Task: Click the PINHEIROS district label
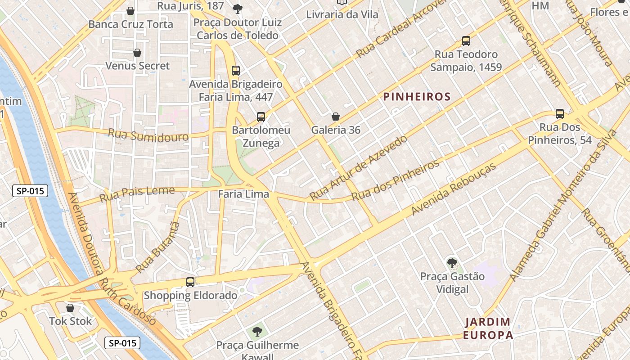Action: [x=417, y=97]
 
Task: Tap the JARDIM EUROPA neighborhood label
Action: [x=488, y=328]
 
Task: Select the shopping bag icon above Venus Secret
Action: [x=137, y=53]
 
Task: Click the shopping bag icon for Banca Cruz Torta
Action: [x=130, y=10]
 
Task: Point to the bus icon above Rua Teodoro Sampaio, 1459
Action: [x=466, y=41]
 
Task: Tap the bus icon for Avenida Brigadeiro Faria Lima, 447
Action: [x=236, y=70]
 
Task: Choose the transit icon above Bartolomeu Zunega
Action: [x=261, y=117]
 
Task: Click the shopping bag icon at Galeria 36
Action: [x=336, y=117]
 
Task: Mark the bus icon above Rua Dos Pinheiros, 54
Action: [x=560, y=114]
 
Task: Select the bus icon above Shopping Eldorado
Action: [x=190, y=282]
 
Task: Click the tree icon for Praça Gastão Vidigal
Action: [x=451, y=263]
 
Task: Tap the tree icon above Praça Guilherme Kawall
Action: [x=257, y=332]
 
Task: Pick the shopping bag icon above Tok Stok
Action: [x=70, y=308]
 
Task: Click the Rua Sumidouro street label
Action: [x=148, y=135]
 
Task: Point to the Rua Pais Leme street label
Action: [x=137, y=193]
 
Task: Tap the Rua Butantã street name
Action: [x=157, y=247]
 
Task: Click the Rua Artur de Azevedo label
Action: [x=359, y=167]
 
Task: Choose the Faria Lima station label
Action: [x=243, y=194]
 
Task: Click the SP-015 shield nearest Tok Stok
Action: [x=122, y=343]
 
